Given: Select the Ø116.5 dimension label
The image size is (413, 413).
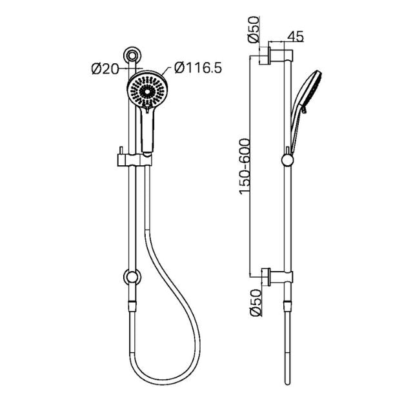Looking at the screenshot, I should (198, 68).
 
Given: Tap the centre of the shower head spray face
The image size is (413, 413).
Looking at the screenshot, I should (149, 92).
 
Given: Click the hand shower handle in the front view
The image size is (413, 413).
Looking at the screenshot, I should (148, 132).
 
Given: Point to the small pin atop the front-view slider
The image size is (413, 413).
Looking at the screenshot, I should (121, 152).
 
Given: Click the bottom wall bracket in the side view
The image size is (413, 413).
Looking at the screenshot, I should (279, 276).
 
